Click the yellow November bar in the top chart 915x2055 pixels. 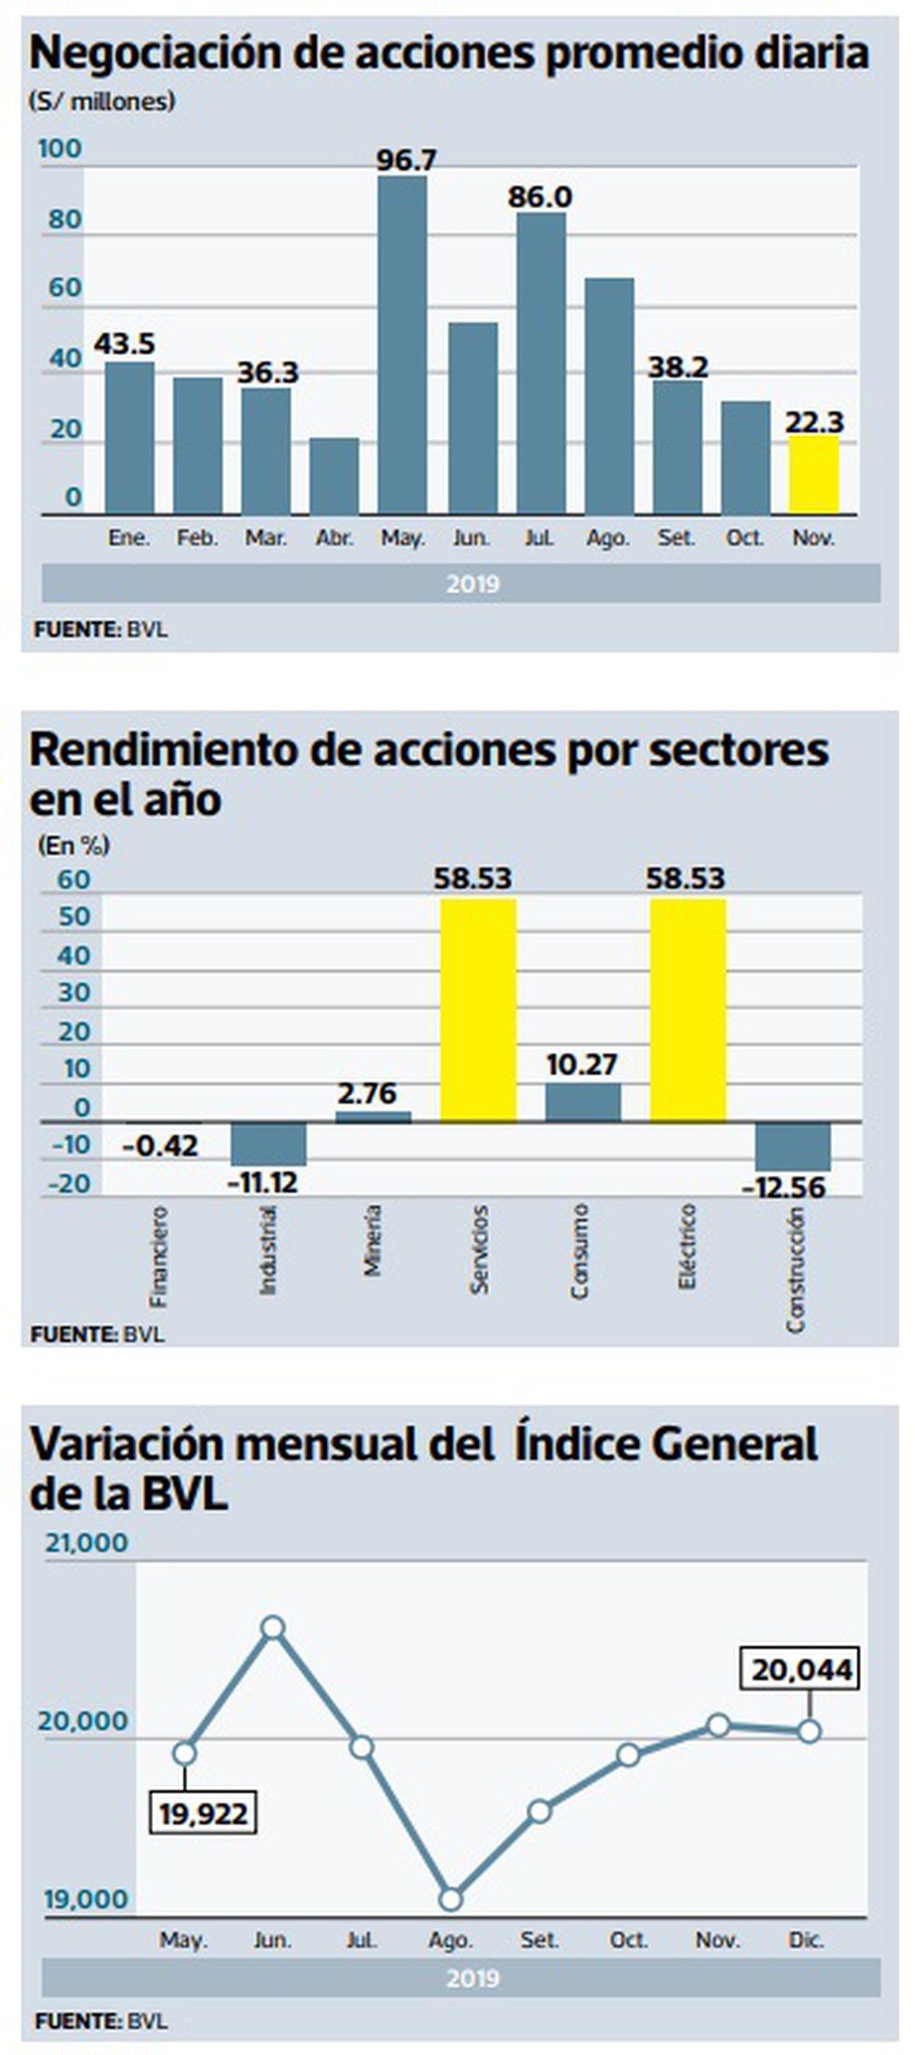coord(813,474)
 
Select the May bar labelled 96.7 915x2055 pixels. coord(402,345)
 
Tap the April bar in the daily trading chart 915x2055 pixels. coord(334,476)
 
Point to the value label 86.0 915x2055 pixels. coord(540,197)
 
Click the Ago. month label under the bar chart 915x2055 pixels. coord(608,539)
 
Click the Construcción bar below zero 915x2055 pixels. coord(793,1147)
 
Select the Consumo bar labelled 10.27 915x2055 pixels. coord(583,1103)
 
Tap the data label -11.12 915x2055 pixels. coord(263,1184)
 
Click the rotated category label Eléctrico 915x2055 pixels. coord(687,1246)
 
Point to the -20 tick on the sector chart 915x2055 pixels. coord(70,1184)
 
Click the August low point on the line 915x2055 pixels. coord(451,1899)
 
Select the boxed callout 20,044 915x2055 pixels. coord(801,1668)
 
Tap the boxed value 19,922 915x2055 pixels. coord(204,1813)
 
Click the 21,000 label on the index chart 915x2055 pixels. coord(87,1542)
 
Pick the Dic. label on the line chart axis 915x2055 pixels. coord(807,1940)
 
